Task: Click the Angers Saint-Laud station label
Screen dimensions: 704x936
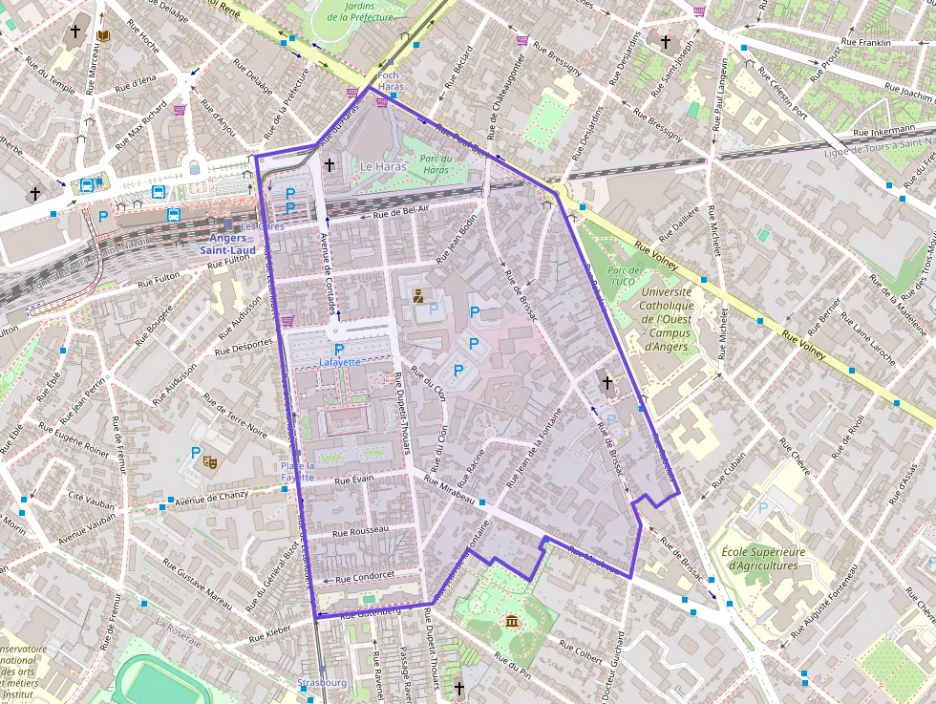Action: pyautogui.click(x=227, y=244)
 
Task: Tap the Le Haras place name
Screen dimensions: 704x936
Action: pyautogui.click(x=382, y=166)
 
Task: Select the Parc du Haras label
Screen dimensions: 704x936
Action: pyautogui.click(x=435, y=164)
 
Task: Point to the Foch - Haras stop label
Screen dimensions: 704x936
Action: pyautogui.click(x=391, y=80)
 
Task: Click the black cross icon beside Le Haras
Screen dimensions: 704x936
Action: pyautogui.click(x=330, y=165)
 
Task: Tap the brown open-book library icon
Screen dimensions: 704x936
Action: pyautogui.click(x=101, y=35)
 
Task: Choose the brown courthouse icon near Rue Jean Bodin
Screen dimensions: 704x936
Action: pyautogui.click(x=417, y=297)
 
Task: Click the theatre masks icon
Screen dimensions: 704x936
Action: pyautogui.click(x=211, y=461)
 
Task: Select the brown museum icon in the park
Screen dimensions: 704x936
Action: pyautogui.click(x=512, y=622)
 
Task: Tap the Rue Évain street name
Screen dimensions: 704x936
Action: pyautogui.click(x=353, y=478)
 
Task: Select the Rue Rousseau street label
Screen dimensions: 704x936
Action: pyautogui.click(x=360, y=529)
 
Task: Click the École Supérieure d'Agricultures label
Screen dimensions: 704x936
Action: pyautogui.click(x=763, y=559)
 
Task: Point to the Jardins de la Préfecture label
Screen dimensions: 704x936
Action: pyautogui.click(x=359, y=11)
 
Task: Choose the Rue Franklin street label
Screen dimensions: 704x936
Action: pyautogui.click(x=865, y=43)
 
